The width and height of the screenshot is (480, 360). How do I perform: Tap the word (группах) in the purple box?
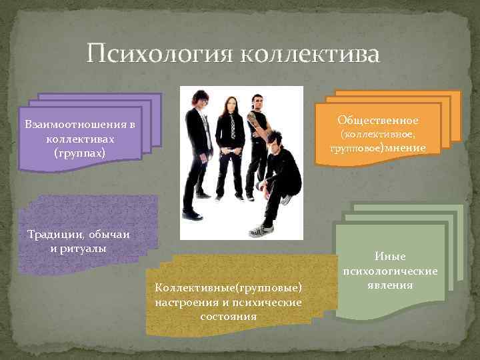pyautogui.click(x=81, y=152)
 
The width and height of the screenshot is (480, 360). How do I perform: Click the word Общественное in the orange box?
pyautogui.click(x=378, y=121)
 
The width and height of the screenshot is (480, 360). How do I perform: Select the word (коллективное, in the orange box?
pyautogui.click(x=378, y=134)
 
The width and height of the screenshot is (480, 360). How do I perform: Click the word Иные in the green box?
pyautogui.click(x=390, y=257)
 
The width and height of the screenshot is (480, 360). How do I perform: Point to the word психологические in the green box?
pyautogui.click(x=390, y=271)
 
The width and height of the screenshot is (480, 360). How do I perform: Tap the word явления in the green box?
pyautogui.click(x=390, y=285)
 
